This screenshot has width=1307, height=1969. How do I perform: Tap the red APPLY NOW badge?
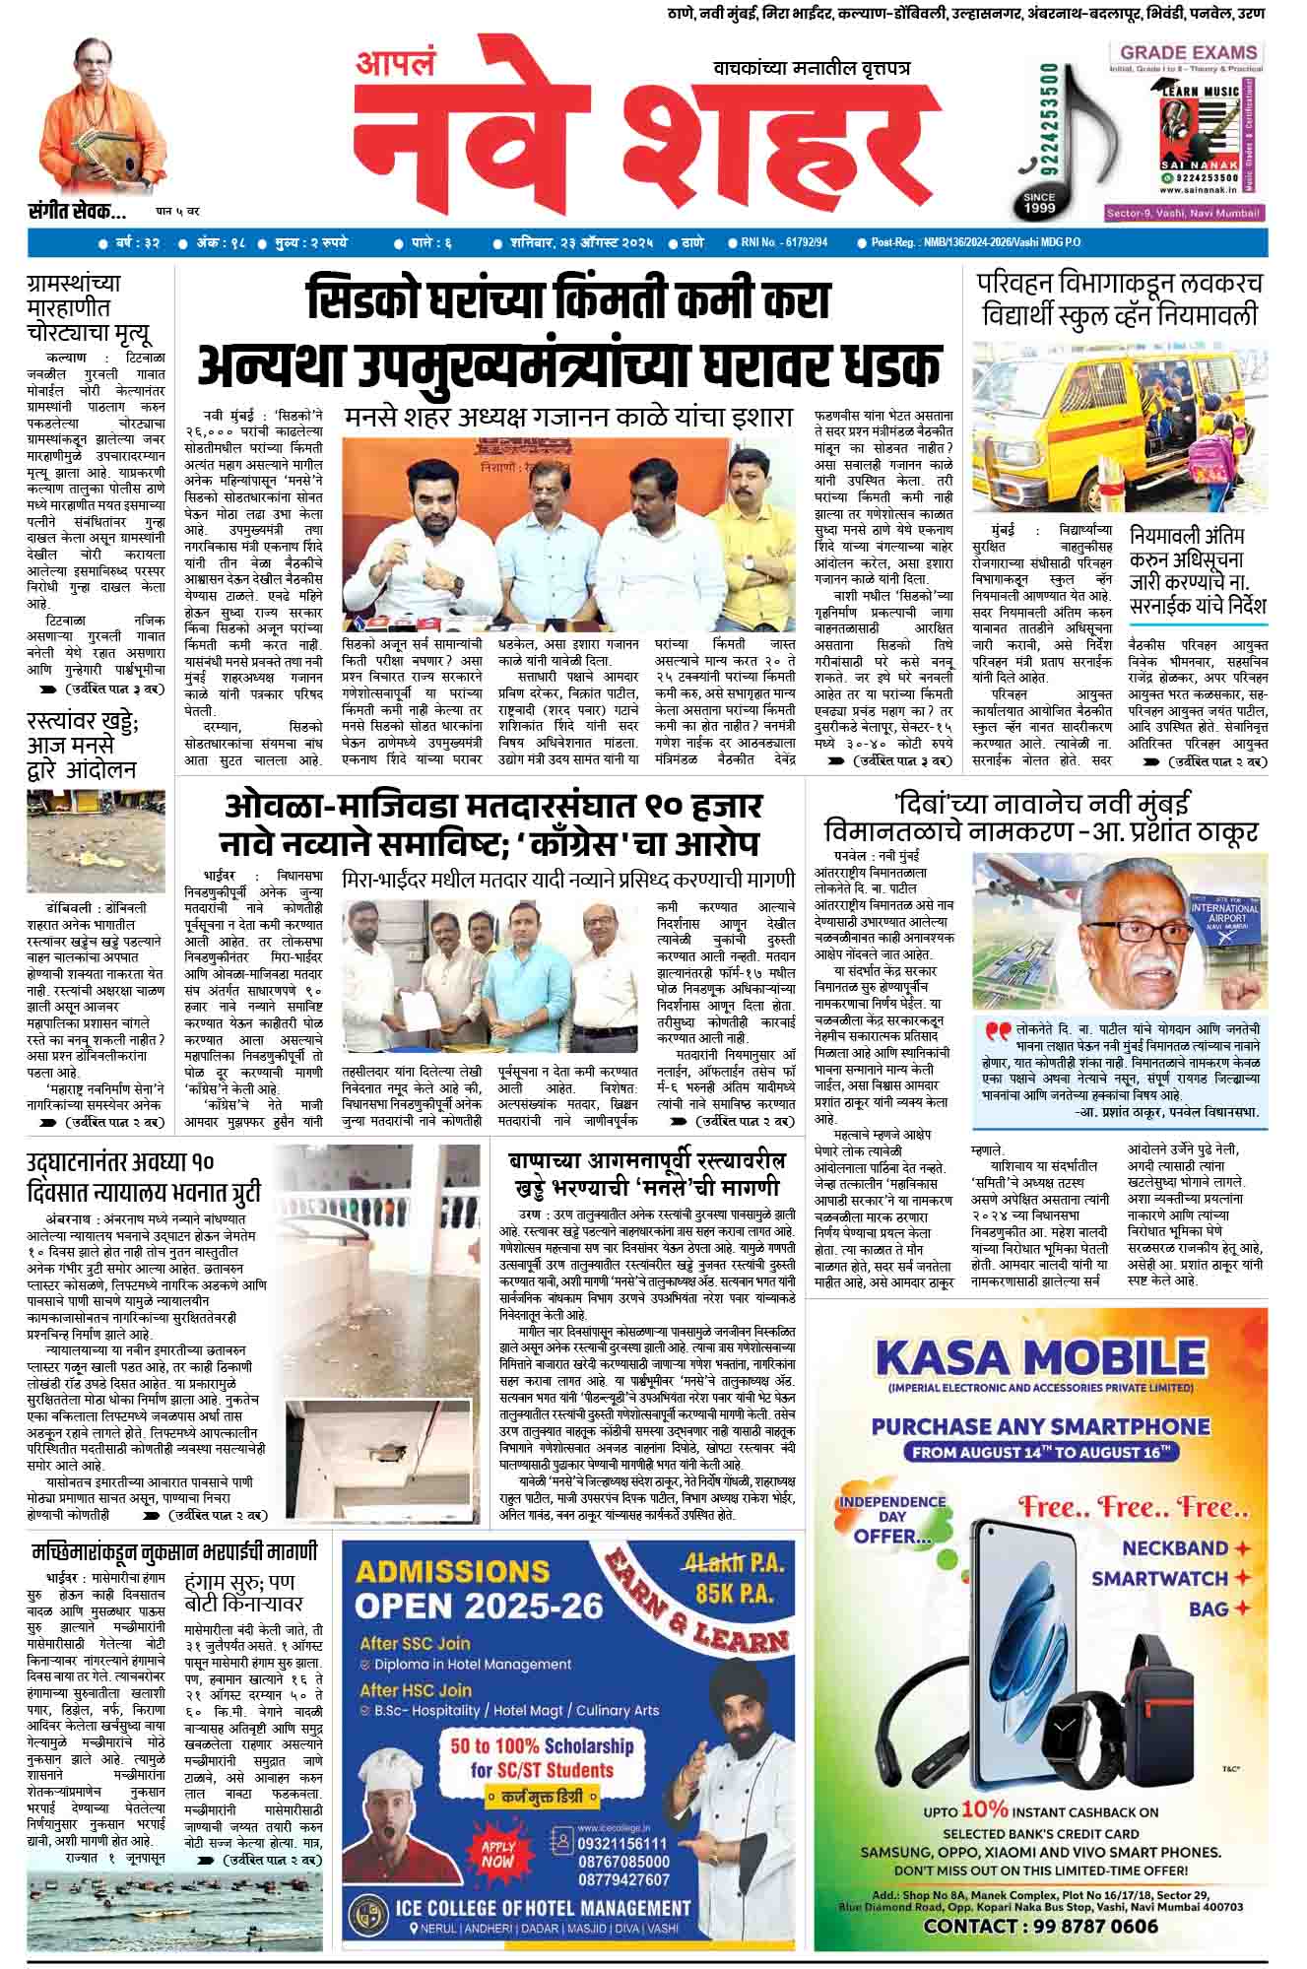point(497,1856)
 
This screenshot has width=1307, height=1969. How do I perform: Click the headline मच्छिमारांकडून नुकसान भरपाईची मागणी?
point(174,1551)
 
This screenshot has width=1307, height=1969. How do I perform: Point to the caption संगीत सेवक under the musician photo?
point(77,210)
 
